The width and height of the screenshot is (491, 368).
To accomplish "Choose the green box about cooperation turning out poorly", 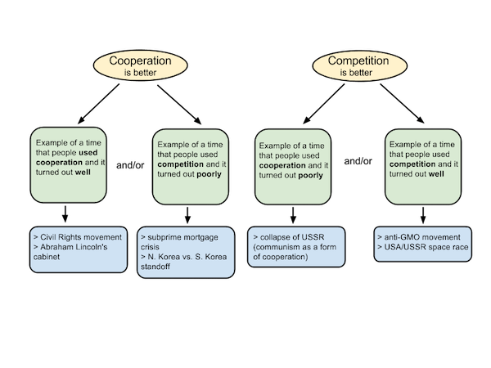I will pyautogui.click(x=294, y=166).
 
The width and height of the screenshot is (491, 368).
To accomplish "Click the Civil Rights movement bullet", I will pyautogui.click(x=78, y=237).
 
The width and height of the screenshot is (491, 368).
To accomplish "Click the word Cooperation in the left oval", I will pyautogui.click(x=135, y=61).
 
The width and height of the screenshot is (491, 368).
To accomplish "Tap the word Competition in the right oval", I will pyautogui.click(x=358, y=61).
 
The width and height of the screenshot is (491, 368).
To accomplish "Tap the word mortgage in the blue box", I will pyautogui.click(x=203, y=238).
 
